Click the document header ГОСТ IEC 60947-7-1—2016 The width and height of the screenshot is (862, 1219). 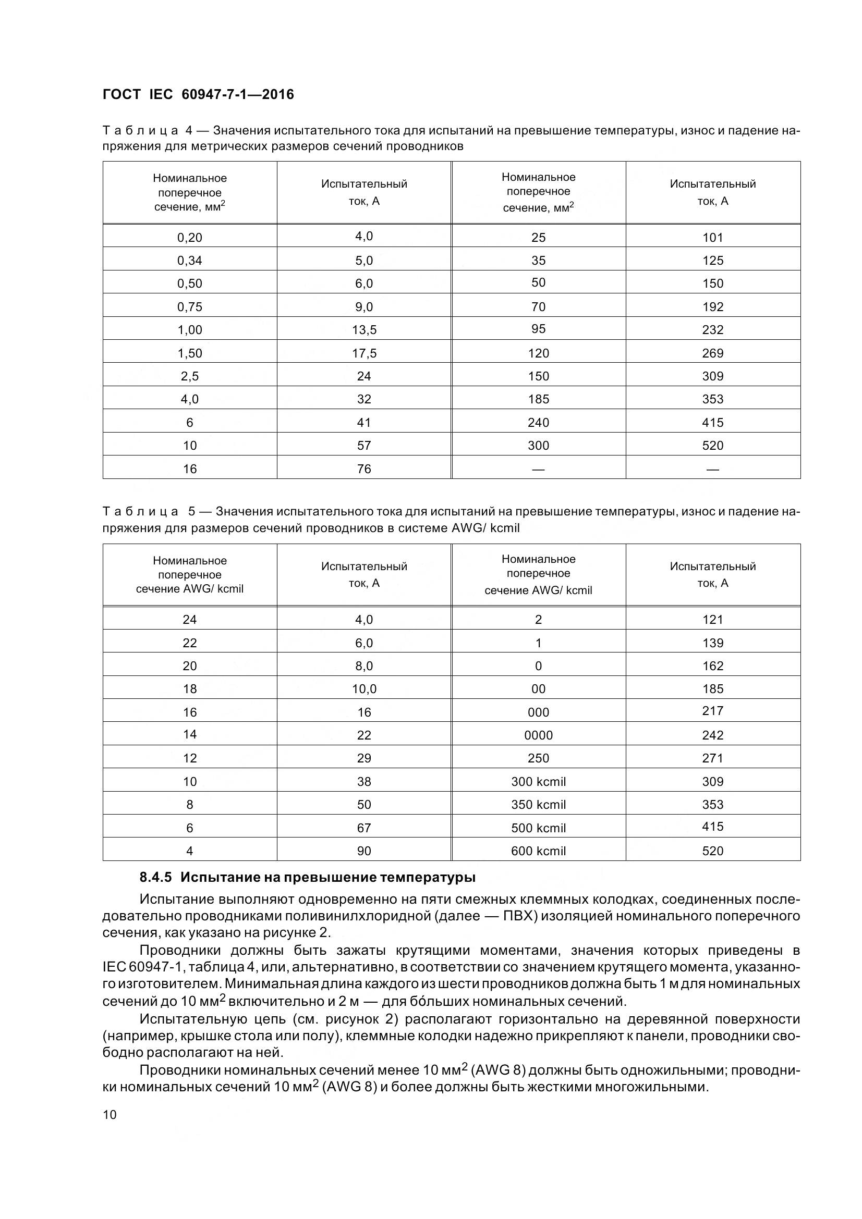click(x=198, y=94)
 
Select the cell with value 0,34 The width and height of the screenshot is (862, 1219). click(x=190, y=260)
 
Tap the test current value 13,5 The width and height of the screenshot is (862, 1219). click(x=364, y=330)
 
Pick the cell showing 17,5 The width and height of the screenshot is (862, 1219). click(x=364, y=353)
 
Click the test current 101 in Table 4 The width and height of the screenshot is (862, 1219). click(x=712, y=237)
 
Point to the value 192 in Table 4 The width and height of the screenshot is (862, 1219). click(x=712, y=307)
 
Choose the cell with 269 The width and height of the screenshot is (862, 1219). click(x=712, y=353)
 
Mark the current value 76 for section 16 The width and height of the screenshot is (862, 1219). click(x=364, y=469)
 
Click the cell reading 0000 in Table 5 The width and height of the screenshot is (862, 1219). click(x=538, y=735)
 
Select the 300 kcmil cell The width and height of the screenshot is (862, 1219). click(x=538, y=782)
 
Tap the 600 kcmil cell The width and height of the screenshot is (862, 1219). click(x=538, y=851)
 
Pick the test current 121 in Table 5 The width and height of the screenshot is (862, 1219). click(x=712, y=620)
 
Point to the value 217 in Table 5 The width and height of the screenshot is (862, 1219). click(x=712, y=711)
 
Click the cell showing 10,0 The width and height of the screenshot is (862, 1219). click(x=364, y=689)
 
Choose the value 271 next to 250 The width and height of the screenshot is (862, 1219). click(x=712, y=758)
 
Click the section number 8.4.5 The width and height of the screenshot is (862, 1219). click(x=155, y=878)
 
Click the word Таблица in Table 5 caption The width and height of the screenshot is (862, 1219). click(x=140, y=512)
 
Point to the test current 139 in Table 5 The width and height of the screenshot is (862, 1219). click(x=712, y=643)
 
